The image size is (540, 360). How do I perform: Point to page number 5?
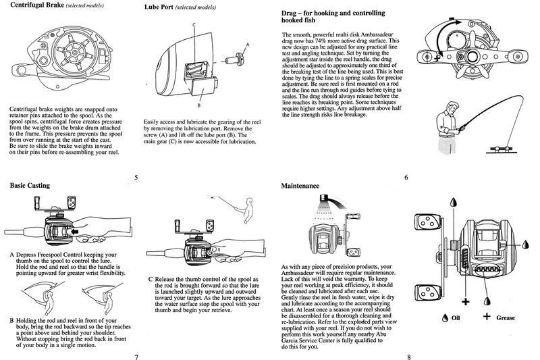click(136, 178)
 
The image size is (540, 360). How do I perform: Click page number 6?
click(406, 178)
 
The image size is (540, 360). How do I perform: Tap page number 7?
click(136, 355)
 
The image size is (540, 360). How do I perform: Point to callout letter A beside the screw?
click(247, 45)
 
